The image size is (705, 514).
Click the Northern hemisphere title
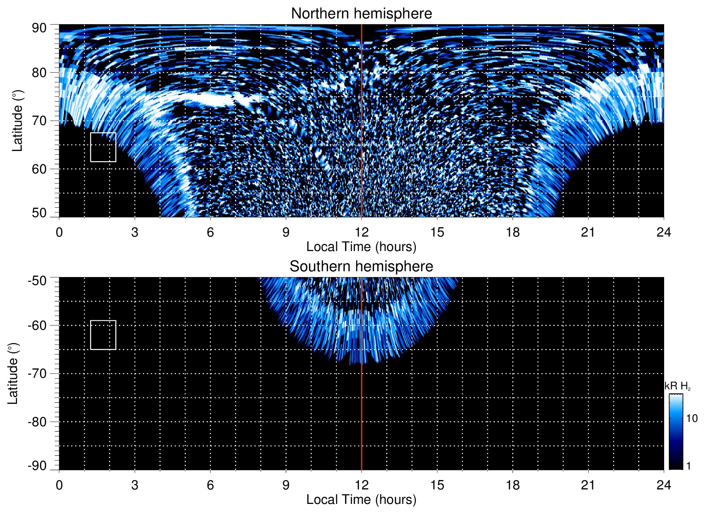(x=361, y=14)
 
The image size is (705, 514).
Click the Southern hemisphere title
(x=361, y=267)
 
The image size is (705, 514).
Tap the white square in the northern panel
(x=103, y=147)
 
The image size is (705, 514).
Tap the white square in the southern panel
(x=103, y=335)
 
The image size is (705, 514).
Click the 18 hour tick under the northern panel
(x=513, y=232)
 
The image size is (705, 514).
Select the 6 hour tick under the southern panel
(x=210, y=485)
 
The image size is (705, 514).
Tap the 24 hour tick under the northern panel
(x=663, y=232)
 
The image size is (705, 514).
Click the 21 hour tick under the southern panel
(x=588, y=485)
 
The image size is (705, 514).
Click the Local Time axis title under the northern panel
(x=361, y=247)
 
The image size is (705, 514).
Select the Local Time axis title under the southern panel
(x=361, y=500)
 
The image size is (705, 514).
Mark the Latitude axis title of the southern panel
(x=13, y=373)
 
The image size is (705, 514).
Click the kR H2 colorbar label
(x=677, y=386)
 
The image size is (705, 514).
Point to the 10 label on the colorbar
(x=692, y=418)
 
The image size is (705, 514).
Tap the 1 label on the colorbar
(x=688, y=466)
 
